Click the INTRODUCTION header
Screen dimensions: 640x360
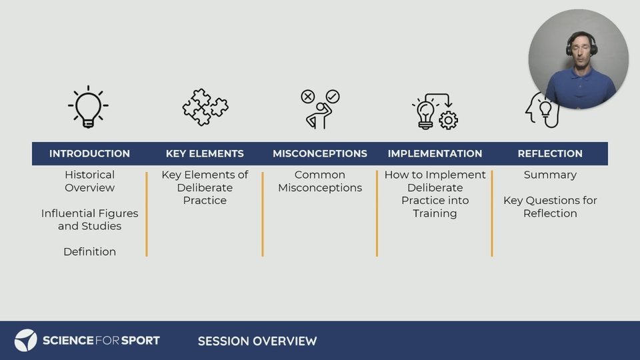(x=89, y=153)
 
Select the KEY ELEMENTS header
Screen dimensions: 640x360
(x=205, y=153)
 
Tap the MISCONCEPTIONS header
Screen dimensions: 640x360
(x=320, y=153)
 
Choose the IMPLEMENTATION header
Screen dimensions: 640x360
(x=435, y=153)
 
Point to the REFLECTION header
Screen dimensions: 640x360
(x=550, y=153)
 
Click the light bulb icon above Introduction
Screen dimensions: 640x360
(x=88, y=107)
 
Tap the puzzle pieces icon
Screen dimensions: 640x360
(x=205, y=107)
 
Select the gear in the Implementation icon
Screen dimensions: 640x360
(x=448, y=121)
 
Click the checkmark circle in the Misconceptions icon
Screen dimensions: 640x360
(x=333, y=96)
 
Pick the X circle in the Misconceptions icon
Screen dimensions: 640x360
(x=308, y=97)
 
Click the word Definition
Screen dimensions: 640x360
(x=89, y=251)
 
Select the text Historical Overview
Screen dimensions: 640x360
(x=89, y=181)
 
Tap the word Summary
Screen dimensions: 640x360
(x=550, y=175)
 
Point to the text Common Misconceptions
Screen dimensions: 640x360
(x=320, y=181)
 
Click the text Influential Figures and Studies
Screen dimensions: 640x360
(x=89, y=219)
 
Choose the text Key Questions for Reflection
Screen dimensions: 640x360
(x=550, y=207)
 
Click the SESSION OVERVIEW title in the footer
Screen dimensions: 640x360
(x=257, y=341)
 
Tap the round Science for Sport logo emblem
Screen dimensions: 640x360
(x=26, y=341)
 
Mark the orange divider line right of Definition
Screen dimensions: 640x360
(x=147, y=214)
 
